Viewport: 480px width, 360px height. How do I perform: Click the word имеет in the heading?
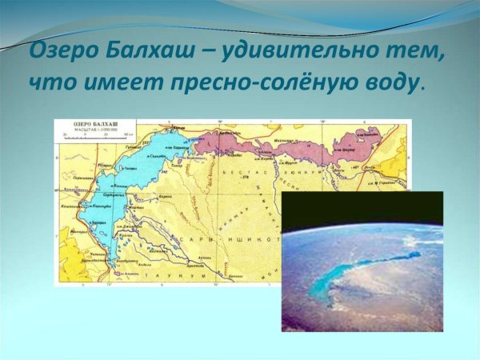[115, 83]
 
